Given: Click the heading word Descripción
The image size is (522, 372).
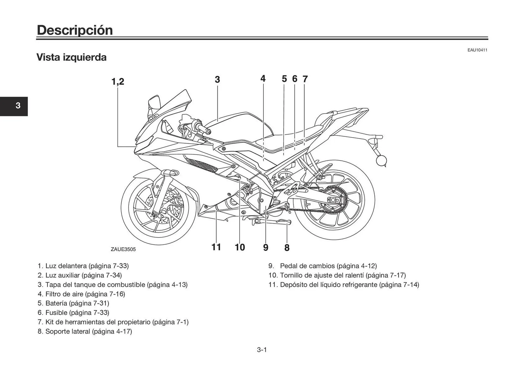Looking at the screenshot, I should coord(75,30).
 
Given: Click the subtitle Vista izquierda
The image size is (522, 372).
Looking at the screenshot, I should coord(72,57).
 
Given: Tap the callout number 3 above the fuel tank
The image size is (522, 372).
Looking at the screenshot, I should coord(217,80).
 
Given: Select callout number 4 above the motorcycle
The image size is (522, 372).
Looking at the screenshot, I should coord(263,79).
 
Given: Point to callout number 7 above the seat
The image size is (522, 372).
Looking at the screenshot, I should coord(305,79).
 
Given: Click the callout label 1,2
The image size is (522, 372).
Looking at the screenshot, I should coord(118,81).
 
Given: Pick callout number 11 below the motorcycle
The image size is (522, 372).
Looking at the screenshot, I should coord(216,247).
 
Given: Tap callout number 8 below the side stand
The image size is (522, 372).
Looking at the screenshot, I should coord(287,248).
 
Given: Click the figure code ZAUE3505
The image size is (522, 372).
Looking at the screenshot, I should coord(123,249).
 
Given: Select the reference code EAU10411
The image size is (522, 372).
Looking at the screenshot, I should coord(477,50).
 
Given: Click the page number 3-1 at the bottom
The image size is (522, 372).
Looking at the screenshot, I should coord(262,350).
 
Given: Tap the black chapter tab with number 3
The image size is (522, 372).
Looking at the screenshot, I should coord(14,106).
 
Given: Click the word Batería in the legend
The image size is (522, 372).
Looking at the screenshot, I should coord(57,303).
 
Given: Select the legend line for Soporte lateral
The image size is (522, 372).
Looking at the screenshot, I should coord(85,332).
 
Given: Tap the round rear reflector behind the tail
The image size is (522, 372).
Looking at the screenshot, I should coord(381,160).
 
